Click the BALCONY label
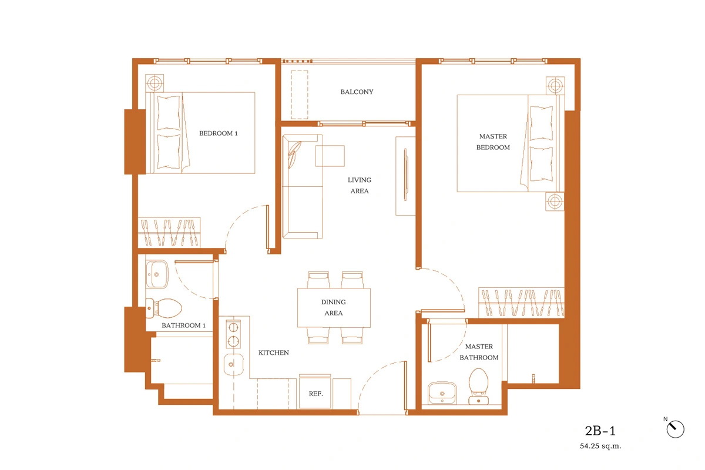pos(357,92)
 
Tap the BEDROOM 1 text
pos(218,133)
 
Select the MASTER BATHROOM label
pos(479,352)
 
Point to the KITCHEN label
pos(274,352)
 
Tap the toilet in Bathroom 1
pos(164,308)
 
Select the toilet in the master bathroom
pos(478,386)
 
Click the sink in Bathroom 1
pos(157,274)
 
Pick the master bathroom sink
pos(442,393)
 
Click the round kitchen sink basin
pos(234,364)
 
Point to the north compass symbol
pos(675,429)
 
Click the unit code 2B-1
pos(600,431)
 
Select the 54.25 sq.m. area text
pos(600,446)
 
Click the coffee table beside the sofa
pos(330,156)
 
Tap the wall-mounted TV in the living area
pos(405,174)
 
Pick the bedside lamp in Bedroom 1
pos(154,83)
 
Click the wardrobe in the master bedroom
pos(522,303)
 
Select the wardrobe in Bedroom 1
pos(169,232)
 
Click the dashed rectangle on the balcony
pos(299,95)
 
